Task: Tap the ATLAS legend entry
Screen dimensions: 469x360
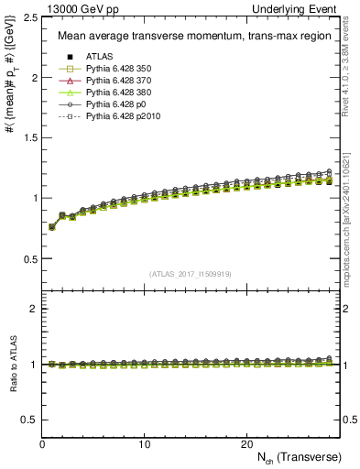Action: click(x=99, y=57)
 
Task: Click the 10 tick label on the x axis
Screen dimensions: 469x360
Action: click(x=144, y=443)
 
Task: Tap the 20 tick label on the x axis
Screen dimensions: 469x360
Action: click(x=245, y=443)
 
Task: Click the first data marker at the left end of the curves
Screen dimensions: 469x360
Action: click(x=52, y=227)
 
